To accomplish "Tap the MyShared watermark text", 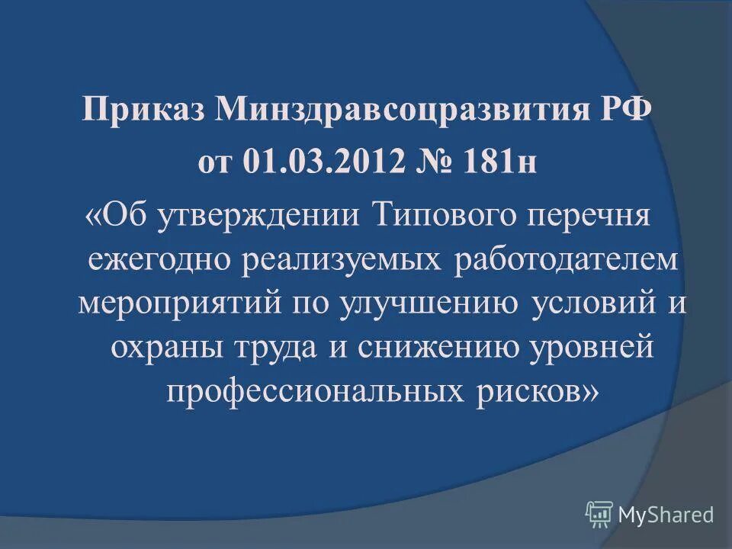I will point(666,515).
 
